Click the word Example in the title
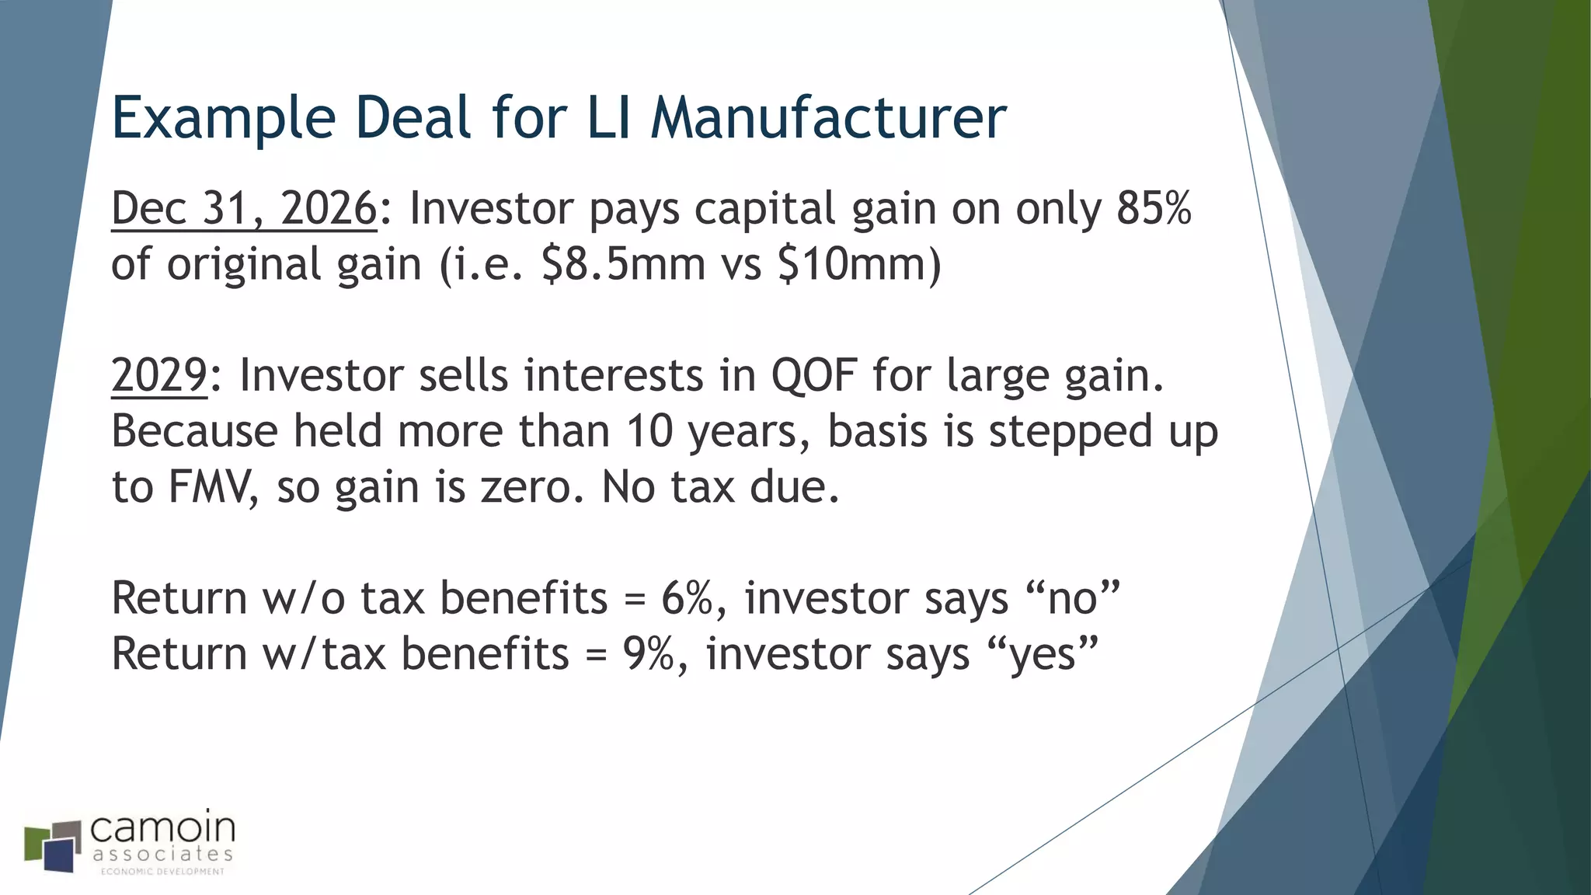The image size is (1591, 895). tap(224, 118)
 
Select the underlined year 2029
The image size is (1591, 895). tap(159, 375)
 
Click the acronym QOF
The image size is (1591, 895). tap(813, 375)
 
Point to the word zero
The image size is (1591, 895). tap(531, 487)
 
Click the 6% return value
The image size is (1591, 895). tap(687, 598)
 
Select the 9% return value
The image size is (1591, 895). tap(648, 654)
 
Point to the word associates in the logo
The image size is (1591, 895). tap(162, 855)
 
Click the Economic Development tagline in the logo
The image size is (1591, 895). tap(162, 872)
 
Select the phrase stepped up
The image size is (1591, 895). tap(1103, 431)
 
